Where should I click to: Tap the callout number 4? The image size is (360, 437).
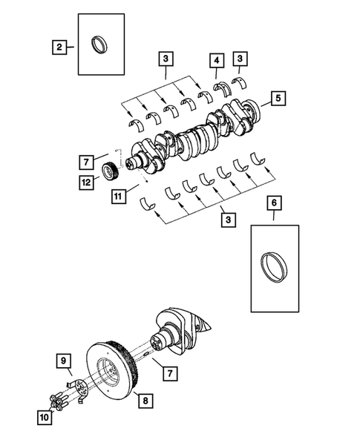click(216, 59)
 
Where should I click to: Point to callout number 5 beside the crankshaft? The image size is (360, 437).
click(276, 97)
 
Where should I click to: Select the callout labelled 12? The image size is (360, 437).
click(88, 180)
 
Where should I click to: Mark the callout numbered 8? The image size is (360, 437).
click(145, 401)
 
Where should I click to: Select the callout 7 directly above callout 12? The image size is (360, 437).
click(88, 160)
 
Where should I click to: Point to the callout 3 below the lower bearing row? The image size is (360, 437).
click(229, 220)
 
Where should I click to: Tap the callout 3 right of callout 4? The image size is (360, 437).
click(240, 59)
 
